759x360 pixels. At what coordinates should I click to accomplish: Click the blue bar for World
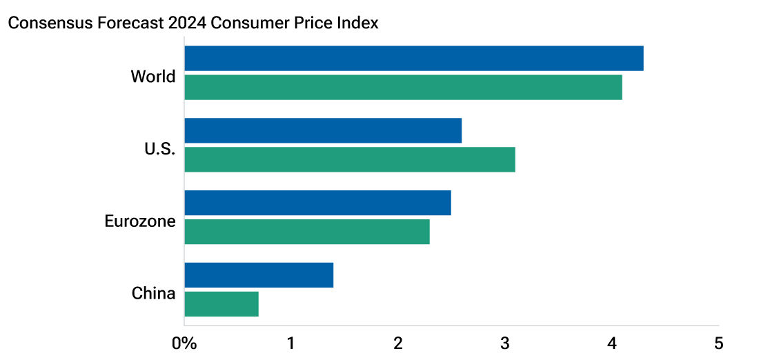(x=414, y=59)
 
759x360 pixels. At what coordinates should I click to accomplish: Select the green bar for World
(x=404, y=88)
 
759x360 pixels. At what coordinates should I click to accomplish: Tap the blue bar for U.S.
(x=323, y=130)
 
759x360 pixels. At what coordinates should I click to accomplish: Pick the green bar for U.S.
(x=350, y=159)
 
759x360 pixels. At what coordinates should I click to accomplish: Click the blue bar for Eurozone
(x=318, y=203)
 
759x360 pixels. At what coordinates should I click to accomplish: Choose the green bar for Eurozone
(x=307, y=232)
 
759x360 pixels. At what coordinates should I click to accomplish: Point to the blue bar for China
(x=259, y=275)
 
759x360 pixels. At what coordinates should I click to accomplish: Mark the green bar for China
(x=221, y=304)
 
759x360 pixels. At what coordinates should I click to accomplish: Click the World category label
(x=153, y=77)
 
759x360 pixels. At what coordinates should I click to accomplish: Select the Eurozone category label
(x=140, y=221)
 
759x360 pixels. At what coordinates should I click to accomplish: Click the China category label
(x=153, y=294)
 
